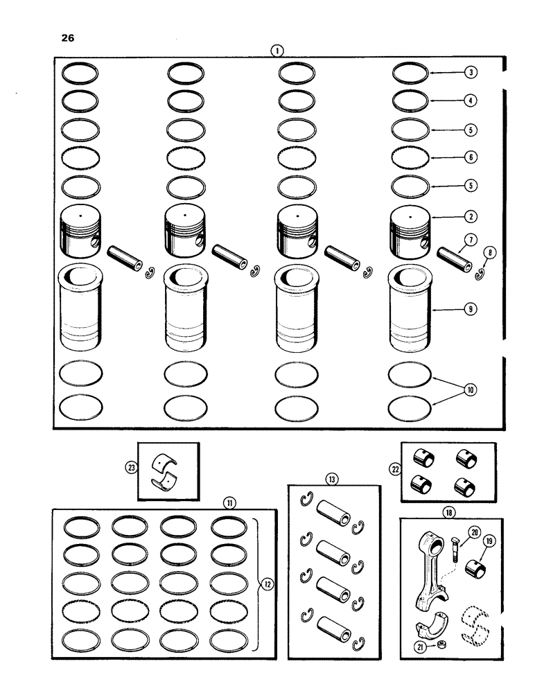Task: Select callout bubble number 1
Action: pyautogui.click(x=277, y=50)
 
